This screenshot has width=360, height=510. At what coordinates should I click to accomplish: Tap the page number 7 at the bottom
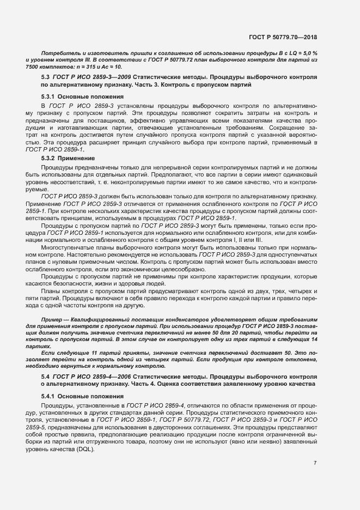tap(315, 463)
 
